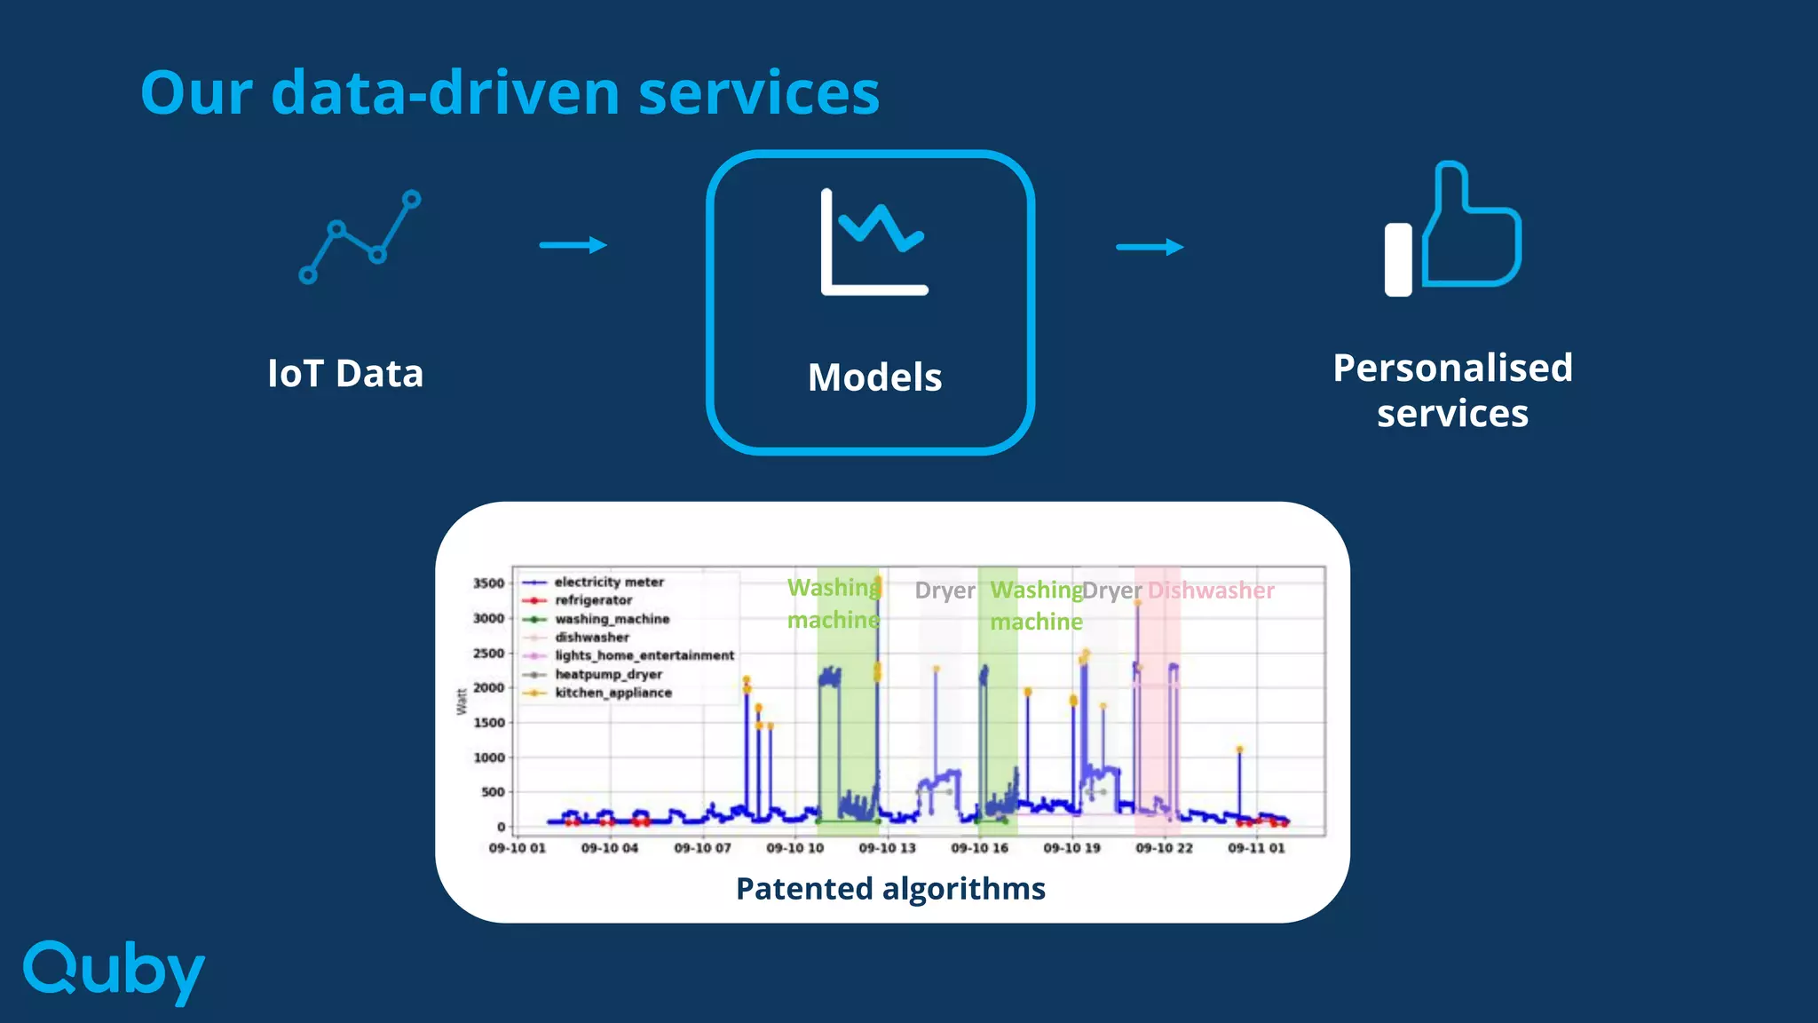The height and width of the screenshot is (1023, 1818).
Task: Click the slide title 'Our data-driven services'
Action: point(510,92)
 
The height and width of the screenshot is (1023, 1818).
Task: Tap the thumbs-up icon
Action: point(1453,229)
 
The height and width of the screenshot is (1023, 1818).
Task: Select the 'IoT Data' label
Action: point(345,374)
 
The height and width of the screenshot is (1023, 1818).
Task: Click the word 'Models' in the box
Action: point(874,377)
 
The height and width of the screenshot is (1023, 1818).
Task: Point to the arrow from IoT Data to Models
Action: point(573,245)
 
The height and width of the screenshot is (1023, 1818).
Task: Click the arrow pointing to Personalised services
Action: point(1150,247)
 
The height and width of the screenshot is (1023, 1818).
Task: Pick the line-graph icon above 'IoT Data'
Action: point(360,237)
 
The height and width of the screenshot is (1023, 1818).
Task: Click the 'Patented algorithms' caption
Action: point(890,888)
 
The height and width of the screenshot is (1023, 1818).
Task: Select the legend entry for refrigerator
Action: point(593,600)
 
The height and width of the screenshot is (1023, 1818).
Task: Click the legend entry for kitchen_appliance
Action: point(613,693)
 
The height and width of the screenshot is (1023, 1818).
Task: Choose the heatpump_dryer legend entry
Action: point(608,674)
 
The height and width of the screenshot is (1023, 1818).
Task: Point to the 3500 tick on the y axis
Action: point(488,583)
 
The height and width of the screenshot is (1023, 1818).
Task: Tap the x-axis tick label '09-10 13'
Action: point(887,848)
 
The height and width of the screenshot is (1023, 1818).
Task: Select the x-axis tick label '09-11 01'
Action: point(1256,848)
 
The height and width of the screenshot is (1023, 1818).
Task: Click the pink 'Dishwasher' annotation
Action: point(1211,591)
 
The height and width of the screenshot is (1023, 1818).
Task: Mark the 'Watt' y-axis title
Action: point(462,702)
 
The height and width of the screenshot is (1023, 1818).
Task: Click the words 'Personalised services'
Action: point(1452,391)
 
